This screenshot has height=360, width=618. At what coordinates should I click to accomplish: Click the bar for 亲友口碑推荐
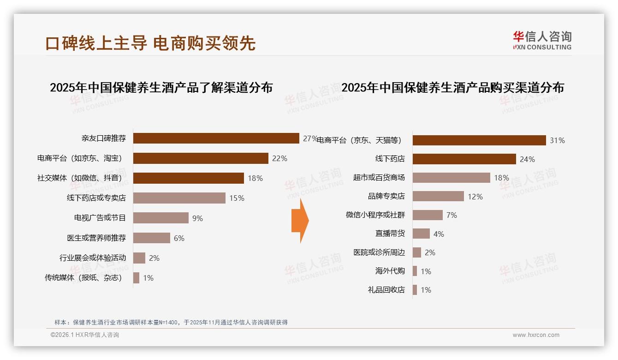coord(216,138)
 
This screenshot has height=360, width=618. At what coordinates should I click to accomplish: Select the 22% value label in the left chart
coord(279,158)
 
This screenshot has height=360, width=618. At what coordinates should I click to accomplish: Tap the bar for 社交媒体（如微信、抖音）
coord(188,178)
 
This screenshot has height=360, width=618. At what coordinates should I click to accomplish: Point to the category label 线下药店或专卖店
coord(96,198)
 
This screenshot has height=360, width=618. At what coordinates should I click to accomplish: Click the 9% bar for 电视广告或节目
coord(160,218)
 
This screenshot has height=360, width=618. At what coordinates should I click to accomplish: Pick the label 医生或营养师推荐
coord(96,238)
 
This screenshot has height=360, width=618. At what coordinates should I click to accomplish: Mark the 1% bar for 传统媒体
coord(136,278)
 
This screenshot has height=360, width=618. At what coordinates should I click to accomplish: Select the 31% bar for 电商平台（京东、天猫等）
coord(479,140)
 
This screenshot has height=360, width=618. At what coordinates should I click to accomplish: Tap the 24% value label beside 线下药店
coord(527,159)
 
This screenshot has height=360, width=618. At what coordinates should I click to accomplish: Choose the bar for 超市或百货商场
coord(451,178)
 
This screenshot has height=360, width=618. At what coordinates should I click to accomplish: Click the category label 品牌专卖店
coord(386,196)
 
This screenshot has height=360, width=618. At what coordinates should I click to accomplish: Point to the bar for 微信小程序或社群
coord(428,215)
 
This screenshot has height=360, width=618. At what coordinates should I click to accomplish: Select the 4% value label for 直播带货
coord(439,234)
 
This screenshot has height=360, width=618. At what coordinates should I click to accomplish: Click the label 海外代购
coord(390,271)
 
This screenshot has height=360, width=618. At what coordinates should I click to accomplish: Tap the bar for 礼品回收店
coord(415,290)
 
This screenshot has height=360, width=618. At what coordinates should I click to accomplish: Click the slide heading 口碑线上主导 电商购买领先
coord(150,43)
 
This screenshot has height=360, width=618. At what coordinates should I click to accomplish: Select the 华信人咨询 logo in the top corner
coord(542,40)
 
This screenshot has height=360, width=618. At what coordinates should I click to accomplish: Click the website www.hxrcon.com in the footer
coord(536,335)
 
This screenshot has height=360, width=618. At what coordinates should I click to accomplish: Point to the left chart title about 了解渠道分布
coord(161,87)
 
